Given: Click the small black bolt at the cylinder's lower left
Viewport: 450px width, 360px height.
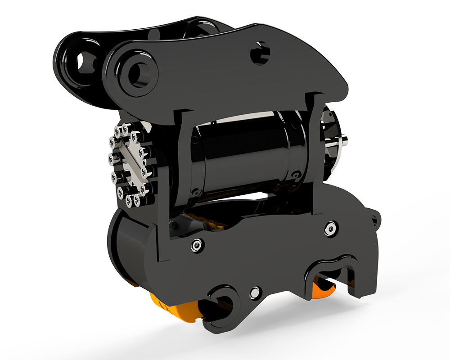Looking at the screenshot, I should pyautogui.click(x=194, y=192).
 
